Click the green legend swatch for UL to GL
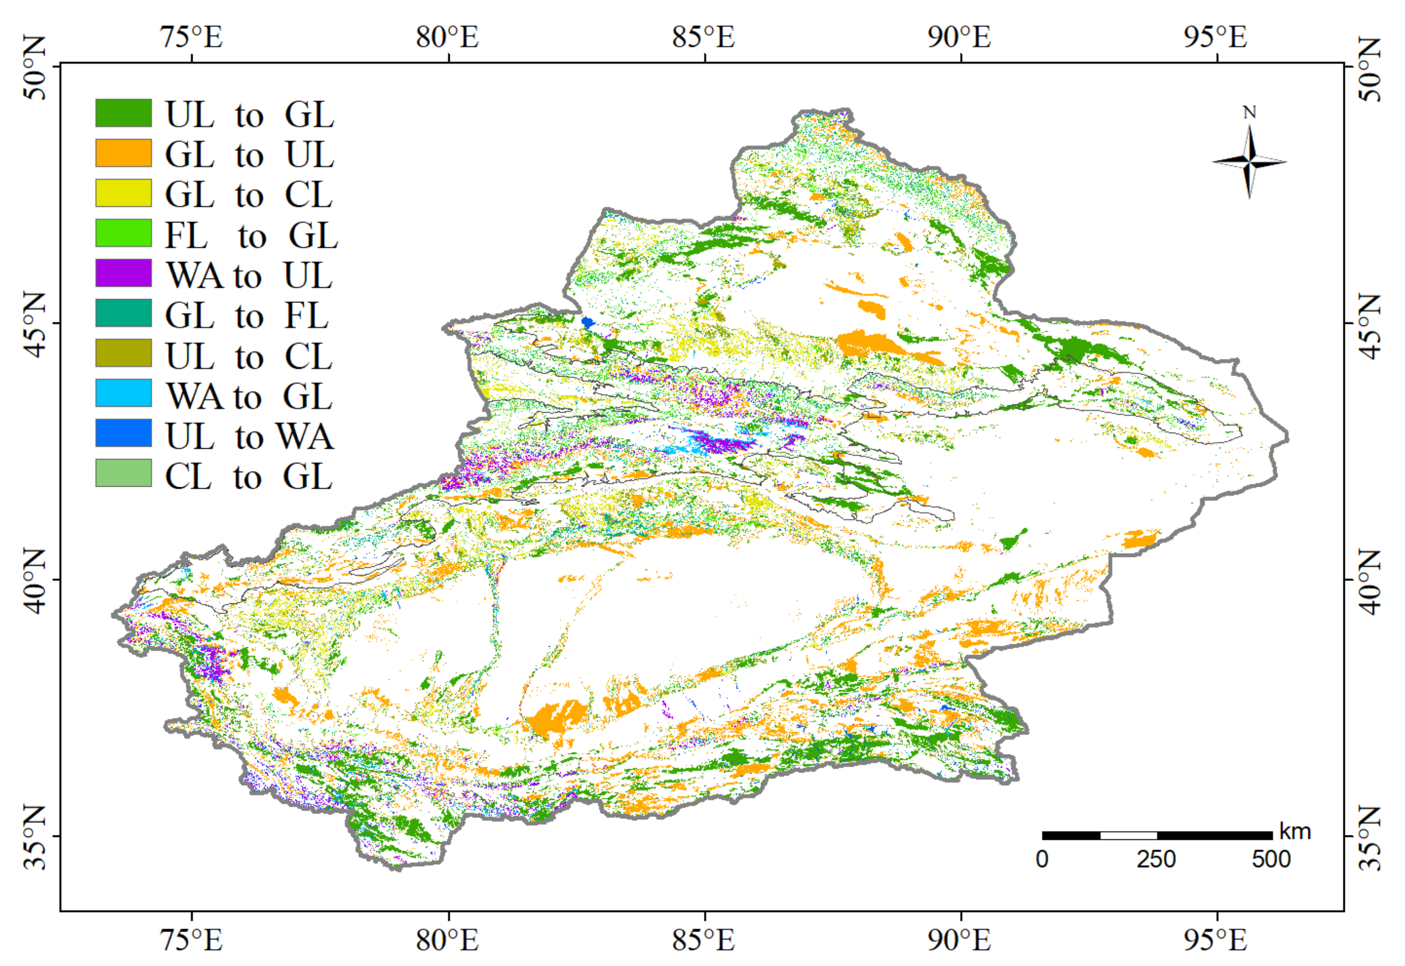pyautogui.click(x=123, y=113)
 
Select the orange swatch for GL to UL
pyautogui.click(x=123, y=153)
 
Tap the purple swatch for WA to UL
pyautogui.click(x=123, y=273)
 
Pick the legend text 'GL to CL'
pyautogui.click(x=249, y=194)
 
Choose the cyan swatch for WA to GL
pyautogui.click(x=123, y=393)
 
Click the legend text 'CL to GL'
pyautogui.click(x=248, y=476)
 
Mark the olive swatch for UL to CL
pyautogui.click(x=123, y=353)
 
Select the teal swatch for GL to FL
pyautogui.click(x=123, y=313)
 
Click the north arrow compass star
pyautogui.click(x=1249, y=162)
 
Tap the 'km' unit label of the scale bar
pyautogui.click(x=1295, y=831)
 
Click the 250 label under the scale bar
pyautogui.click(x=1155, y=860)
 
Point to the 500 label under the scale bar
pyautogui.click(x=1271, y=860)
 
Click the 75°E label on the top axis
pyautogui.click(x=191, y=37)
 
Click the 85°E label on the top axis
pyautogui.click(x=703, y=37)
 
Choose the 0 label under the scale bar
pyautogui.click(x=1042, y=860)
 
